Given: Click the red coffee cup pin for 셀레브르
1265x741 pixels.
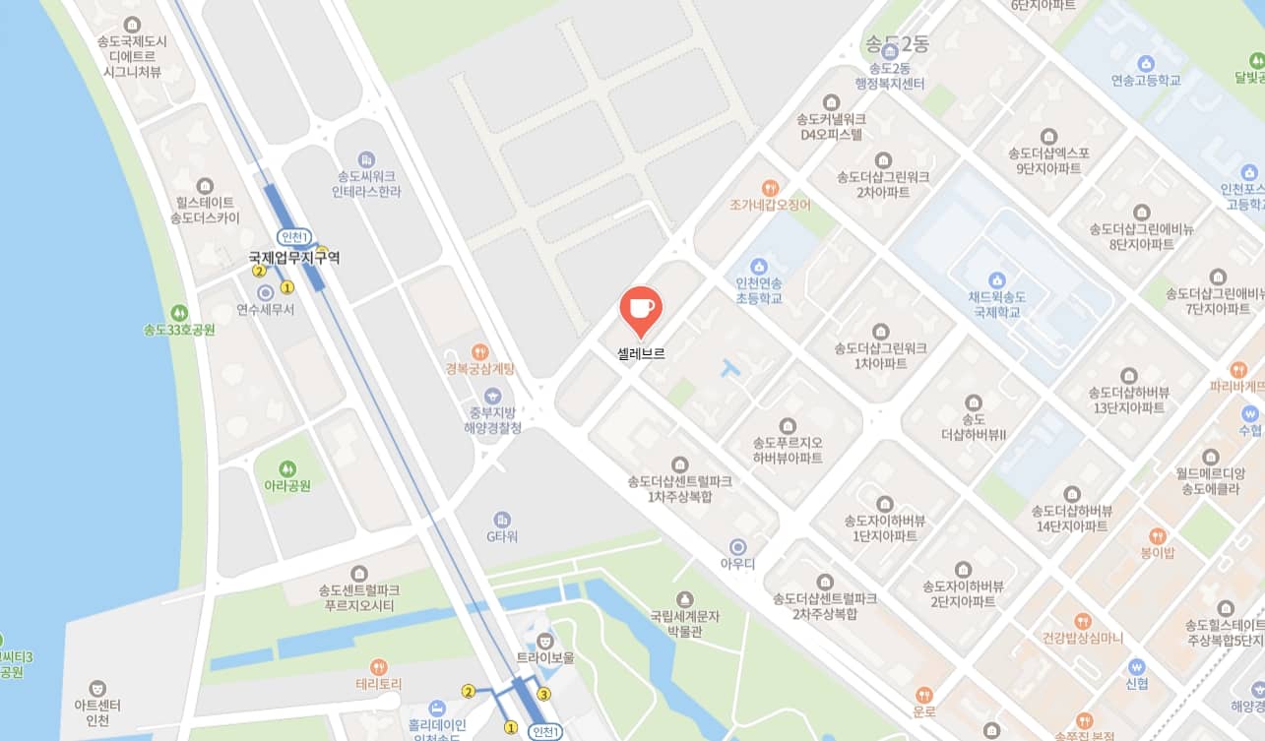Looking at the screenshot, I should (x=640, y=309).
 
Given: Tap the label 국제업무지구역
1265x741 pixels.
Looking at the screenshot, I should (x=294, y=258).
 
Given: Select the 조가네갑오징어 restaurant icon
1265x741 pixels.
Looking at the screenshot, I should (x=771, y=187).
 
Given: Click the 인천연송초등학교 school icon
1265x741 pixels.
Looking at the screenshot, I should (x=758, y=266).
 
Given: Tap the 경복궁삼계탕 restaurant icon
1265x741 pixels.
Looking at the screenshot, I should (x=479, y=351).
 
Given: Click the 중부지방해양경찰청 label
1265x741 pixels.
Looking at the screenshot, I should (x=492, y=420).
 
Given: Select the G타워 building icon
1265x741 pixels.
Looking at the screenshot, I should (x=502, y=519).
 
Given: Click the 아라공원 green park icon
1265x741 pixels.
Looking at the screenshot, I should (x=287, y=468).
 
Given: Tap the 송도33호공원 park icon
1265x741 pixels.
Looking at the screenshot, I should (x=178, y=312).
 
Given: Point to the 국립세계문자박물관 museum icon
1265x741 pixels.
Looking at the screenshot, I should (x=684, y=598).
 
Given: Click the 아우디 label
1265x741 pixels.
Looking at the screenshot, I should (x=737, y=564).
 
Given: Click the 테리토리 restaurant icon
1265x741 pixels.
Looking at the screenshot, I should (x=379, y=666).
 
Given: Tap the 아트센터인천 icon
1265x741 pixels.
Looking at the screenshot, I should (x=97, y=689).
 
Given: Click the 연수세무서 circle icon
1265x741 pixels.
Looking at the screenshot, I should (x=265, y=292).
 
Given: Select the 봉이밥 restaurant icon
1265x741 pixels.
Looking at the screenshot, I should (x=1158, y=536).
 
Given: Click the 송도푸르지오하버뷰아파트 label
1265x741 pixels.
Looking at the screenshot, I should (x=787, y=450).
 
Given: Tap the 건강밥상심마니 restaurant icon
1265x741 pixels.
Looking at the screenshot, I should (x=1083, y=621).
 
